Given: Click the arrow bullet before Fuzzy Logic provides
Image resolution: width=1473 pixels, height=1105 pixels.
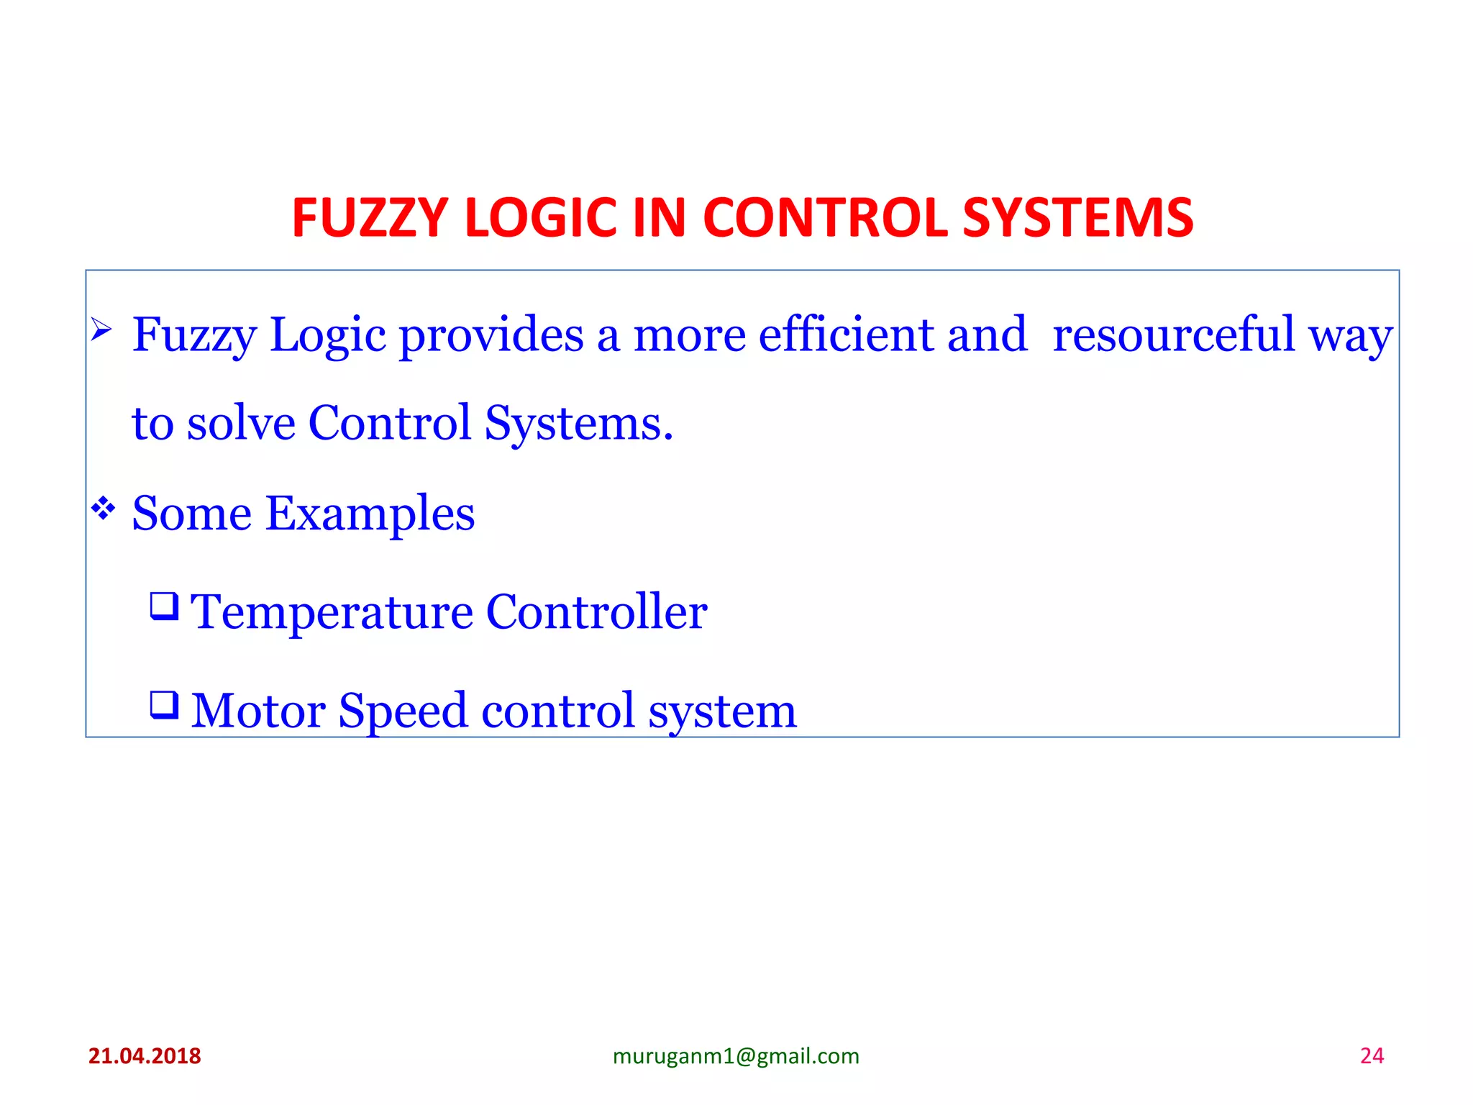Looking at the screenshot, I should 101,330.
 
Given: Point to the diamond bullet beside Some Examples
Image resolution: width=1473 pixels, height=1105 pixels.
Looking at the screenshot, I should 103,509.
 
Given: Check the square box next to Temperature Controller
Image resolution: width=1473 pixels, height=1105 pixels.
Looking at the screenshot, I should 164,606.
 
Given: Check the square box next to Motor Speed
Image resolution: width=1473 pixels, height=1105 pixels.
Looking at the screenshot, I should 164,704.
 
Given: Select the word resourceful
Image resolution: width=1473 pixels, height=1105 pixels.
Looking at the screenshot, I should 1173,335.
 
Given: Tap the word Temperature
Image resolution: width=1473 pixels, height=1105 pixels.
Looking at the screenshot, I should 332,612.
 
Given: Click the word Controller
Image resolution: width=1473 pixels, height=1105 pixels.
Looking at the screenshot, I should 596,612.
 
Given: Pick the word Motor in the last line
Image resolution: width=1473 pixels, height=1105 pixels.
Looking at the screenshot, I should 258,711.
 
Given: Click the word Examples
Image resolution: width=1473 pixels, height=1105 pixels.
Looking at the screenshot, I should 370,514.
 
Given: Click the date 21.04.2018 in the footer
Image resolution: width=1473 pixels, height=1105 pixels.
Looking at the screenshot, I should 145,1056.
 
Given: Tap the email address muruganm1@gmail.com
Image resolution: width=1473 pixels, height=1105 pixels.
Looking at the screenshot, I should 736,1056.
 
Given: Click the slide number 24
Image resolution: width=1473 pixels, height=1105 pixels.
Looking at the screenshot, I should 1372,1056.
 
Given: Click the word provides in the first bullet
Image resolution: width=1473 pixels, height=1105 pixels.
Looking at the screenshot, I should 491,335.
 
